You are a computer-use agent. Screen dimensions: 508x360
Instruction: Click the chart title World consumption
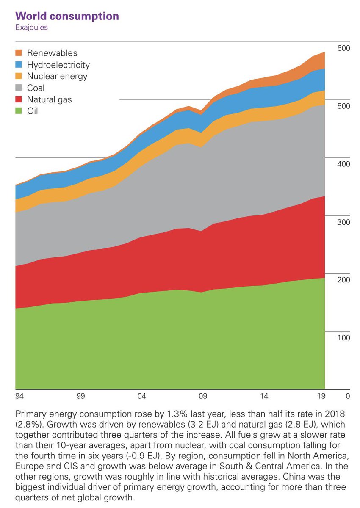click(67, 17)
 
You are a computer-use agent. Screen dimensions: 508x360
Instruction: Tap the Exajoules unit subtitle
click(31, 28)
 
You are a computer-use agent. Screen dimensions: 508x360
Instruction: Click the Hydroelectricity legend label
click(58, 65)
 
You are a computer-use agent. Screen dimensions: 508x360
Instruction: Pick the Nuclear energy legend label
click(57, 76)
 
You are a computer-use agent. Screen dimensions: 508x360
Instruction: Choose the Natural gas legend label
click(50, 100)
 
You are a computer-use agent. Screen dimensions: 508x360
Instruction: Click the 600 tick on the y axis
click(343, 48)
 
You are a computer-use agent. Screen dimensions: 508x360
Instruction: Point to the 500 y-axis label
click(343, 106)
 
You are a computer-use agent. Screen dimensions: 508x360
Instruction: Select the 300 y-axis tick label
click(343, 222)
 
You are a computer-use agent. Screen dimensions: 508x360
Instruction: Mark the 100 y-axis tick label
click(343, 338)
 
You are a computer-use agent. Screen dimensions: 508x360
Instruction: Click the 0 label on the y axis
click(348, 397)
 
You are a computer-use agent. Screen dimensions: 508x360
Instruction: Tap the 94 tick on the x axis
click(19, 397)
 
